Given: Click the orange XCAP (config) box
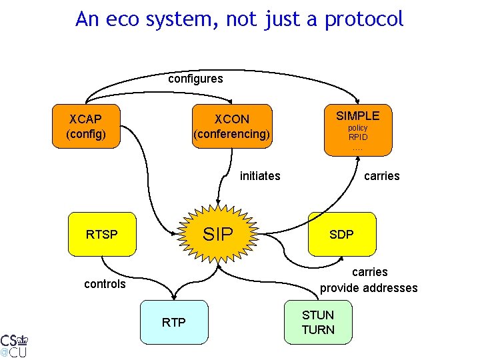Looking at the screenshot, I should click(85, 127).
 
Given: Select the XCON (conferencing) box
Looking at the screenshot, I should click(231, 127).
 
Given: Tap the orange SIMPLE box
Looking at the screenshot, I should click(357, 130).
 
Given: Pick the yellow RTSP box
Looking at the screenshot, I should click(102, 234).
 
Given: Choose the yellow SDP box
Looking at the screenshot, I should click(341, 234).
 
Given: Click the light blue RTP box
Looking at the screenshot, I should click(174, 323).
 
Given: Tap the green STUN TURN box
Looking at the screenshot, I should click(318, 323).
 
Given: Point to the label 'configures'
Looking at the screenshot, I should click(195, 79).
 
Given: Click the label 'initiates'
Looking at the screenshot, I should click(260, 176).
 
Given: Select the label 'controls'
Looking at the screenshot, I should click(105, 284).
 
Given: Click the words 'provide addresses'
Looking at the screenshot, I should click(369, 288).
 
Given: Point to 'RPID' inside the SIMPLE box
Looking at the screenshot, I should click(357, 137).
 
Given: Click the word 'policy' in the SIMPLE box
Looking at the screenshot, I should click(357, 127).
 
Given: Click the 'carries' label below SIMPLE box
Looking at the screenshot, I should click(381, 176).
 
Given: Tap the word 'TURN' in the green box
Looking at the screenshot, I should click(318, 330).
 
